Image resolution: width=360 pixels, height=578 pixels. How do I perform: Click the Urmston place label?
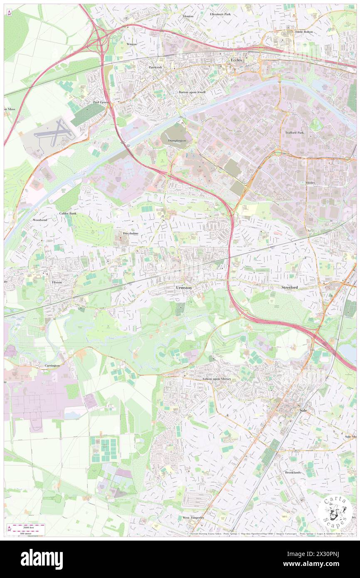184,287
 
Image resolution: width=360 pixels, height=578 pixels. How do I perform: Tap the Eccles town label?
237,60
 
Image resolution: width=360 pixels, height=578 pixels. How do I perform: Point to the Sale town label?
303,410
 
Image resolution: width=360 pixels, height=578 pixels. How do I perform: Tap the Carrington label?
52,366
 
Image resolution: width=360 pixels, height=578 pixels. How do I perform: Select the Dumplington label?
177,141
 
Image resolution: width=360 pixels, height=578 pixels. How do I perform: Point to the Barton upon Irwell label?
192,92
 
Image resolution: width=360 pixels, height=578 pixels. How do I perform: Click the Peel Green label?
100,102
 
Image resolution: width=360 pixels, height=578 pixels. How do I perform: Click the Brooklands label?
293,473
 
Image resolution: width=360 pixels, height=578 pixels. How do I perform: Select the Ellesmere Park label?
220,14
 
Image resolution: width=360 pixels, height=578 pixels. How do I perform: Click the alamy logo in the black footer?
42,559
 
